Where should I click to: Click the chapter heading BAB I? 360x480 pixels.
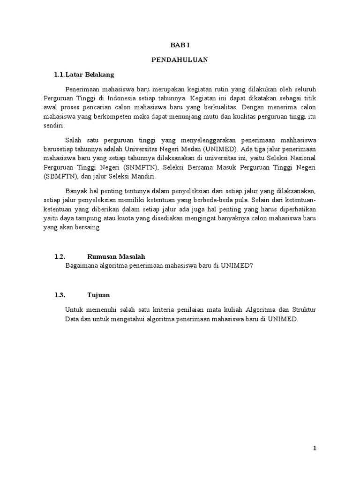coord(180,45)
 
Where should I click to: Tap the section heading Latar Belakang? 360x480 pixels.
coord(90,75)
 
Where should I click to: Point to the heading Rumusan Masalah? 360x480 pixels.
coord(116,256)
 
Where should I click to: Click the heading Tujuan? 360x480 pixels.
coord(98,295)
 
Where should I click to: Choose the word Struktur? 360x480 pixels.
coord(303,310)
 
